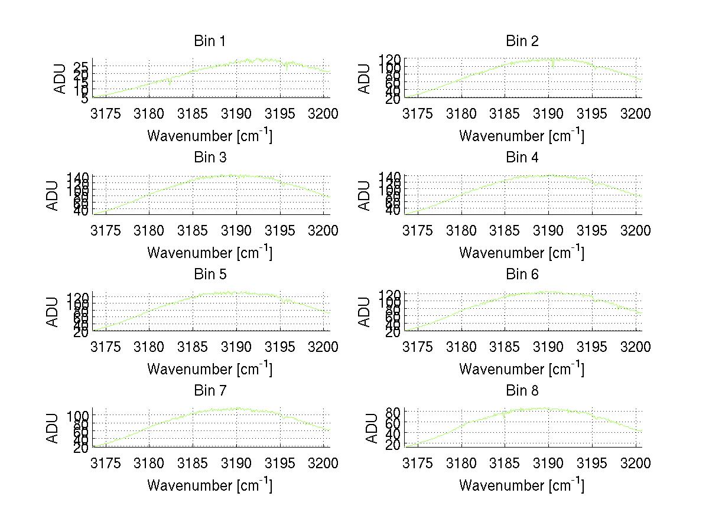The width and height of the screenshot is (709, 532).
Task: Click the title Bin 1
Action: coord(210,41)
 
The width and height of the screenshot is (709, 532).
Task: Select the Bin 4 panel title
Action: coord(522,158)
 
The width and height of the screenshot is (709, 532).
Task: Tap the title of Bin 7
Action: coord(210,391)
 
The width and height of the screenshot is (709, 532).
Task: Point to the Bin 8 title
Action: coord(522,391)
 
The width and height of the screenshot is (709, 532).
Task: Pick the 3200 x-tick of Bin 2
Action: coord(635,113)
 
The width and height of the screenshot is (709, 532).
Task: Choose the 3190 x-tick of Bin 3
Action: coord(237,230)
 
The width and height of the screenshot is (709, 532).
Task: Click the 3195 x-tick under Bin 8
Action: coord(592,464)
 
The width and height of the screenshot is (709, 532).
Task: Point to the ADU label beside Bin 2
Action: coord(365,79)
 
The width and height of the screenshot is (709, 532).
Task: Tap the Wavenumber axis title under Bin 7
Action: coord(210,485)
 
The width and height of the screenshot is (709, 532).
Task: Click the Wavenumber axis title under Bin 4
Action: coord(522,252)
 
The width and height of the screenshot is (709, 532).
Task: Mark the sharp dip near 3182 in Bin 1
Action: coord(170,83)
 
